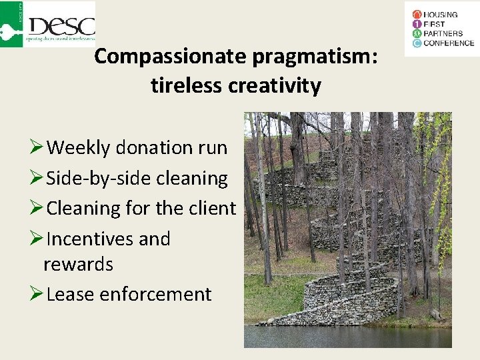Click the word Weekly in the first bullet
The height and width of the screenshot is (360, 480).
point(79,147)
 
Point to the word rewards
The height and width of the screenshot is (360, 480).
point(78,264)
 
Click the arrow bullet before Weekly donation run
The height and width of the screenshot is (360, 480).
point(37,147)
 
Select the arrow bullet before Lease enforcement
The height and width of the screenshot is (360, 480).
point(37,294)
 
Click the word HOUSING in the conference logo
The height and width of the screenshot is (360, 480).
point(441,15)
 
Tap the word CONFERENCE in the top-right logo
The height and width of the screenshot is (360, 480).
point(449,43)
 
